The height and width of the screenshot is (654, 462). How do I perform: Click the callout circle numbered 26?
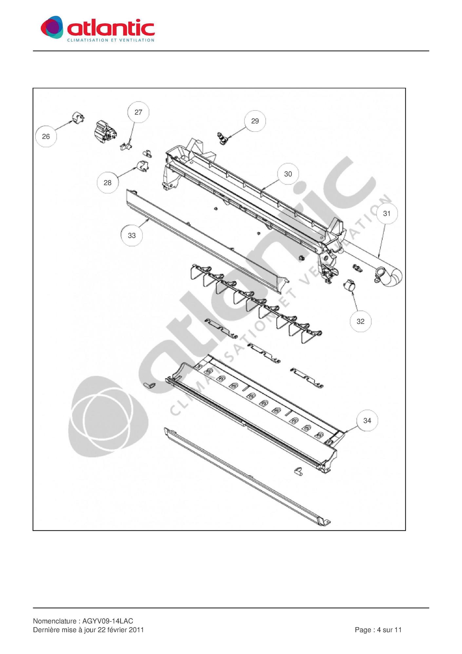(x=46, y=136)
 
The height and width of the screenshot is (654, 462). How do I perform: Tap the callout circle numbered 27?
(x=138, y=112)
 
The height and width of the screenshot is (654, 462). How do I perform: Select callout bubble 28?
(x=107, y=183)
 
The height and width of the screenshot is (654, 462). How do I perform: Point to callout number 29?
(x=255, y=121)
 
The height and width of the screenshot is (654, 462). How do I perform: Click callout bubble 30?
(x=288, y=174)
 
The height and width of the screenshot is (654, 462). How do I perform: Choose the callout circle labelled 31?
(x=387, y=214)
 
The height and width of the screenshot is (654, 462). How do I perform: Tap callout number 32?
(x=360, y=321)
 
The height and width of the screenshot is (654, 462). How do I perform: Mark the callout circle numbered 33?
(x=132, y=235)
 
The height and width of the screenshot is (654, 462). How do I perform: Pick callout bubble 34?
(x=367, y=420)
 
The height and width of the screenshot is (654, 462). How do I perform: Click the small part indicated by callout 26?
(x=78, y=118)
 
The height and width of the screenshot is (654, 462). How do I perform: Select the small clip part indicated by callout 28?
(x=142, y=166)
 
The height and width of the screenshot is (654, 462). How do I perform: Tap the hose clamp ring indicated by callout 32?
(x=349, y=286)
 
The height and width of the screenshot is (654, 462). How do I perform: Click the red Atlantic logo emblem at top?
(x=52, y=28)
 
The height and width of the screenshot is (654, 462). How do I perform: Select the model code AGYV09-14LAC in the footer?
(x=108, y=621)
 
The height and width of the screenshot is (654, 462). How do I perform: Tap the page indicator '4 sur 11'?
(x=389, y=630)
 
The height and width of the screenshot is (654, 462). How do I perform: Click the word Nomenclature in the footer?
(x=55, y=621)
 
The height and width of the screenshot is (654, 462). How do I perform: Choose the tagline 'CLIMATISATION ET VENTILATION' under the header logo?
(x=111, y=40)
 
